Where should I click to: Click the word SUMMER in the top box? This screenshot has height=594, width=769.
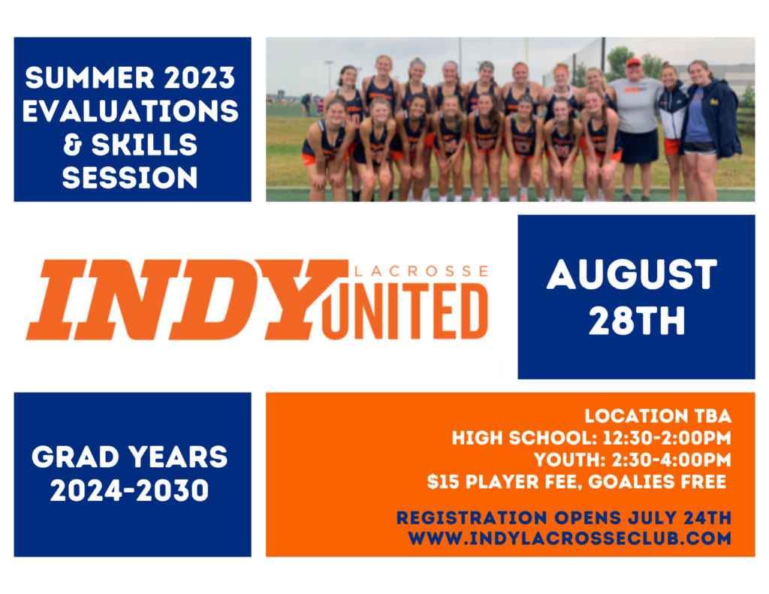point(90,79)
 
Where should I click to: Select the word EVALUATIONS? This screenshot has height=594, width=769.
point(131,111)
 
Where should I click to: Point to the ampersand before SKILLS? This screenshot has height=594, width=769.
point(73,145)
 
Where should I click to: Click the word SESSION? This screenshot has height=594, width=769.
point(130,177)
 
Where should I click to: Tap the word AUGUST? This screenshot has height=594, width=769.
point(632,275)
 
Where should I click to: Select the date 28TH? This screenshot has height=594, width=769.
point(637,321)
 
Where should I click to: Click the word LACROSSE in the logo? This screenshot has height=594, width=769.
point(421,271)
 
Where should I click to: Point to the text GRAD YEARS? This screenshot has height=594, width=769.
point(130,457)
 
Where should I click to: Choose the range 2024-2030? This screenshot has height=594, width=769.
point(129,490)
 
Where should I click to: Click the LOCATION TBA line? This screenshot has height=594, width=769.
point(658,417)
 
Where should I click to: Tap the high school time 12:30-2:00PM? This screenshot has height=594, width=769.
point(667,438)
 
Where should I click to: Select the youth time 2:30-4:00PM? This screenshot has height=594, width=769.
point(671,460)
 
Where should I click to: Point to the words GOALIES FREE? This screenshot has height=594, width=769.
point(657,481)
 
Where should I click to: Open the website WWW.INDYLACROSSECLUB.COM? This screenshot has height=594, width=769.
point(569,538)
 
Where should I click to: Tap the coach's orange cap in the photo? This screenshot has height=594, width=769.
point(634,62)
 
